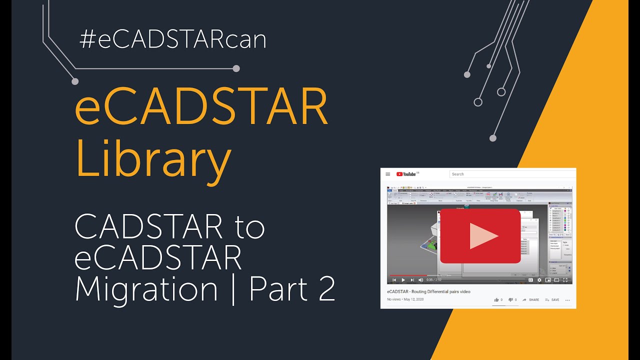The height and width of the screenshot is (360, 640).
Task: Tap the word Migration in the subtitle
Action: click(146, 289)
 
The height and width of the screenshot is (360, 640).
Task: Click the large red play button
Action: click(480, 235)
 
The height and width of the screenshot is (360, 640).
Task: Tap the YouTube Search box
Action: click(510, 174)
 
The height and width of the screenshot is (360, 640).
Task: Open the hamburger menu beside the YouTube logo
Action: click(388, 174)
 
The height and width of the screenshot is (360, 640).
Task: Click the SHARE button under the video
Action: click(531, 300)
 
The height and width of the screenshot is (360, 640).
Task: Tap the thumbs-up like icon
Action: click(496, 300)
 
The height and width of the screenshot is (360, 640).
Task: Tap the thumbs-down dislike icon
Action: click(510, 300)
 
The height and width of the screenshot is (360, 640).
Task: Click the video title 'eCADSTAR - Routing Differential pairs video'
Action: click(428, 291)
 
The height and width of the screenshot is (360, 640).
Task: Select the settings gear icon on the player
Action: click(539, 280)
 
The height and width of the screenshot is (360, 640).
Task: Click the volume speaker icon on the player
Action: click(420, 280)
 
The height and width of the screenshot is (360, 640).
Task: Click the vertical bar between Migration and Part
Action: click(233, 289)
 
